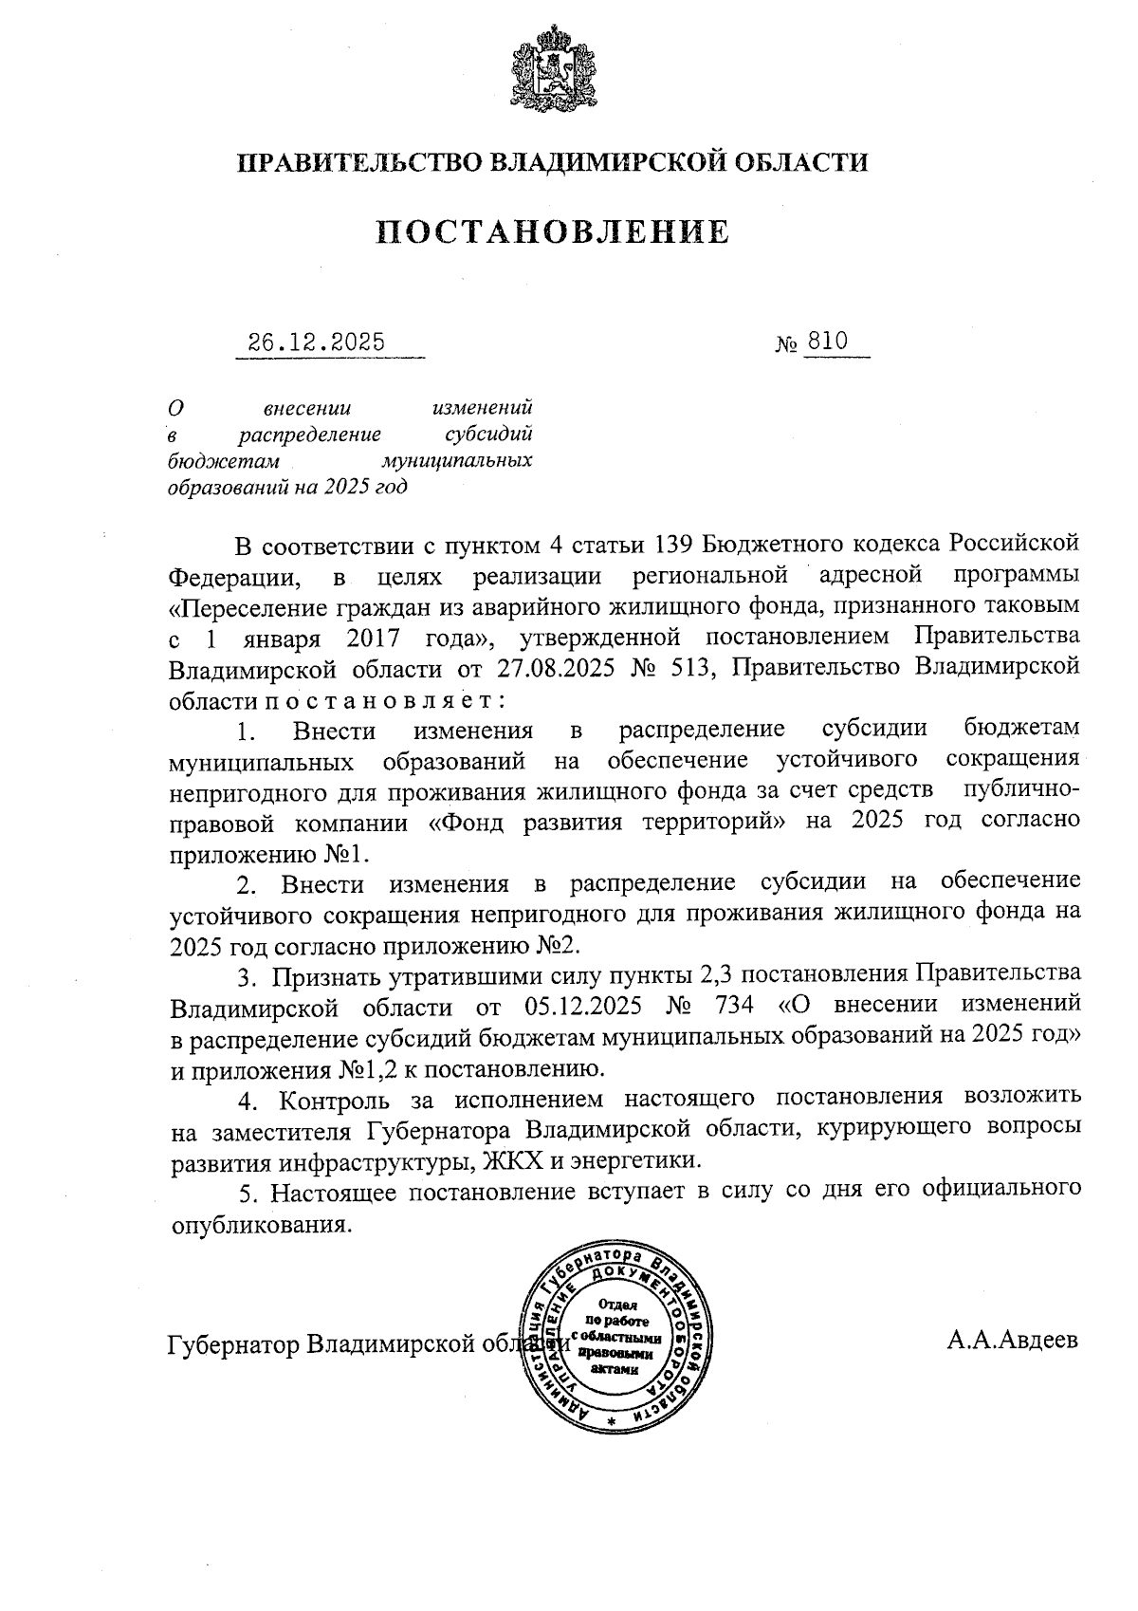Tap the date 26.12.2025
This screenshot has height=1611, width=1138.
(317, 343)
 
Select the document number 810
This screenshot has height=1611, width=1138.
(826, 342)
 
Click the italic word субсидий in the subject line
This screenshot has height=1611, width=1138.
(489, 435)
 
